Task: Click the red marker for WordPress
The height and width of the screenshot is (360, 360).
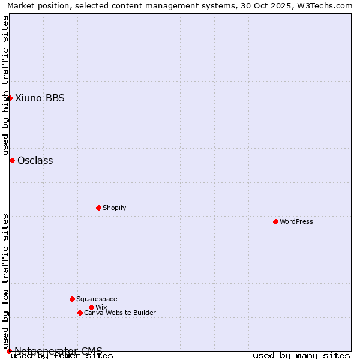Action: point(275,221)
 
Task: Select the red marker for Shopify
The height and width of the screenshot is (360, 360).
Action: point(98,208)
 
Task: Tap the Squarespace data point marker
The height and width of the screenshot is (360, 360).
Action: point(72,299)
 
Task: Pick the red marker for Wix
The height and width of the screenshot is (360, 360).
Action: point(91,307)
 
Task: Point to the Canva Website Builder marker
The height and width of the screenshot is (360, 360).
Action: point(80,313)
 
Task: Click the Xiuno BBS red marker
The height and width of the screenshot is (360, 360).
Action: point(10,98)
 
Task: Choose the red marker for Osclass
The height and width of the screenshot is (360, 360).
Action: point(12,160)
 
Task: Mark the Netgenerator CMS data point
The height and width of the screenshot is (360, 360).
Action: point(9,351)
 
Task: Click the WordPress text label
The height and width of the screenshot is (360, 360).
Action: point(296,221)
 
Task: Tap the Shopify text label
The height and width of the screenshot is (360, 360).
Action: point(115,208)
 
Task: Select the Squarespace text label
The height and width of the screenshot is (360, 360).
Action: point(97,299)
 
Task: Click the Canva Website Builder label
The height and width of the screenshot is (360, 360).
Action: point(120,313)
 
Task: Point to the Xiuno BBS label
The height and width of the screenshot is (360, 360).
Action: point(40,98)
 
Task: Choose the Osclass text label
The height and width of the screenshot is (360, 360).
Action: point(35,160)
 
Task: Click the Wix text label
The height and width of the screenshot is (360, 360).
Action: point(101,307)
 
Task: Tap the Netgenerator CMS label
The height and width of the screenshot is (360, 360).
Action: point(58,350)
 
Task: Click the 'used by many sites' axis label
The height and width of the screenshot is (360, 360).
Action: point(301,356)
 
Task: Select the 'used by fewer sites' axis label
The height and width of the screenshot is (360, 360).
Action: point(62,356)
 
